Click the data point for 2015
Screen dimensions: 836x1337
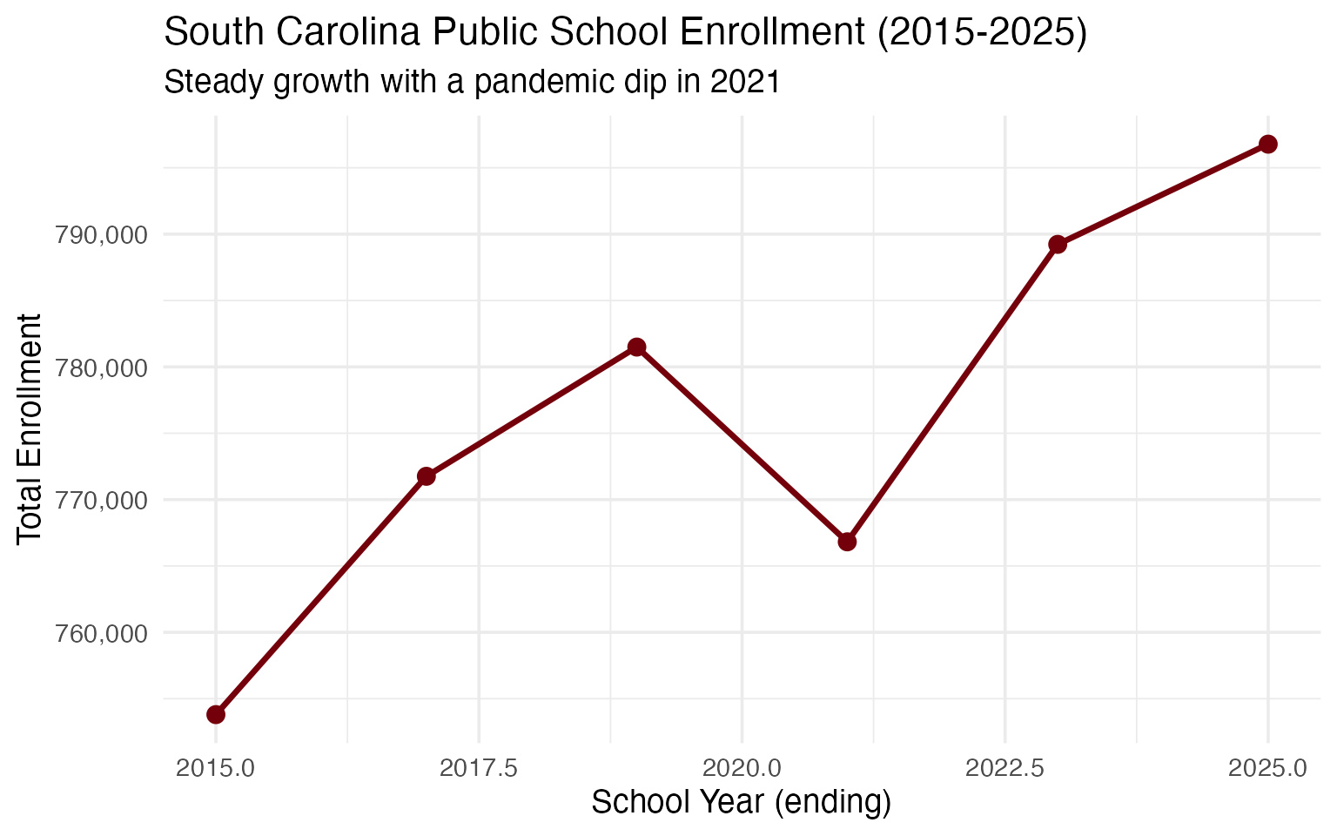(x=216, y=714)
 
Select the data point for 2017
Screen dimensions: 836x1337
(x=427, y=476)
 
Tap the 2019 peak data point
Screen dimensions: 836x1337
(x=637, y=347)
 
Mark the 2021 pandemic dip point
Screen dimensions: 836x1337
(x=847, y=542)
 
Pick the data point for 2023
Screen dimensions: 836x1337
(x=1058, y=245)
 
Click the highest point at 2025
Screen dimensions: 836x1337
(x=1268, y=144)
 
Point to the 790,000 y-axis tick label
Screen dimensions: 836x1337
(x=101, y=235)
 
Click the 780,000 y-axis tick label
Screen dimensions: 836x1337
(x=101, y=367)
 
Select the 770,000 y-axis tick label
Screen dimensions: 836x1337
(x=101, y=501)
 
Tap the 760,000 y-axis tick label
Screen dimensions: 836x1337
(x=101, y=633)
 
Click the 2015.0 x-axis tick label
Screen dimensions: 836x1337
(x=216, y=768)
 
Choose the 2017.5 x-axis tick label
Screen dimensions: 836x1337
(x=479, y=768)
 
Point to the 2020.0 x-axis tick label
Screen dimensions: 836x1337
(x=742, y=768)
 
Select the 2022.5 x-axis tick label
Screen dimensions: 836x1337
(x=1005, y=768)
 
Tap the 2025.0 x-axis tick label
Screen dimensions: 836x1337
(x=1268, y=768)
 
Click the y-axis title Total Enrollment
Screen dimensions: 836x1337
(x=30, y=428)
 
